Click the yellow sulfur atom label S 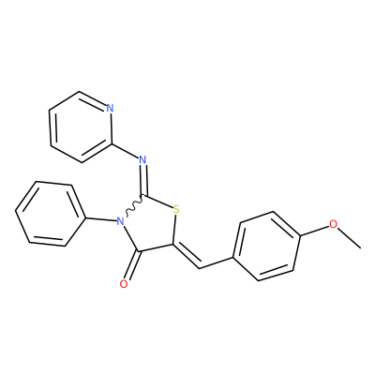pyautogui.click(x=176, y=209)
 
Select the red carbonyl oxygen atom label pyautogui.click(x=124, y=284)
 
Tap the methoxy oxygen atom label pyautogui.click(x=334, y=224)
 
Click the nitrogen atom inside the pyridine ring pyautogui.click(x=110, y=108)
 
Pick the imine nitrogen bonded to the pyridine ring pyautogui.click(x=142, y=159)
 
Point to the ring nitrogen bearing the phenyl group pyautogui.click(x=120, y=221)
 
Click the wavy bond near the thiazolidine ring pyautogui.click(x=134, y=205)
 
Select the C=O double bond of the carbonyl pyautogui.click(x=132, y=265)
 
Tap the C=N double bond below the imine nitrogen pyautogui.click(x=143, y=179)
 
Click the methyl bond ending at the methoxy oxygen pyautogui.click(x=350, y=238)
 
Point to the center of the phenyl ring pyautogui.click(x=50, y=214)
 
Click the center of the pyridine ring pyautogui.click(x=81, y=127)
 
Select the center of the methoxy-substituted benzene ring pyautogui.click(x=265, y=247)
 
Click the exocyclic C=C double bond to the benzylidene pyautogui.click(x=186, y=256)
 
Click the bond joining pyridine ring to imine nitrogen pyautogui.click(x=125, y=151)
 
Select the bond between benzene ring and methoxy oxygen pyautogui.click(x=315, y=231)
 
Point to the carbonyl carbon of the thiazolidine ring pyautogui.click(x=139, y=251)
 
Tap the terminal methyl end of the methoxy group pyautogui.click(x=361, y=248)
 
